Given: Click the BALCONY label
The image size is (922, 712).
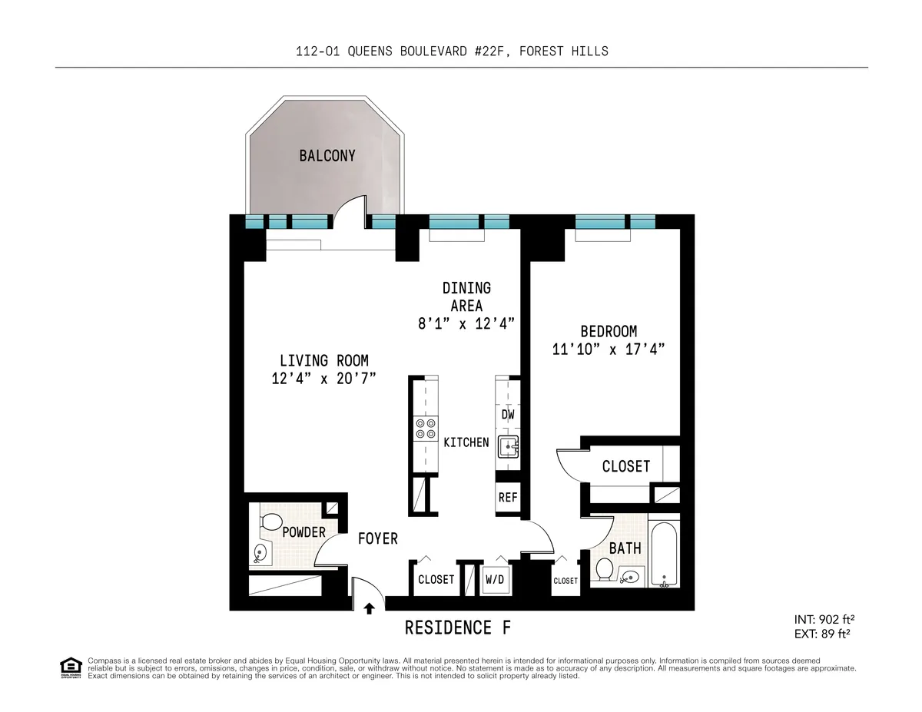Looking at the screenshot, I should (327, 156).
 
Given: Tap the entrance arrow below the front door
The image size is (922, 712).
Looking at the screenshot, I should (369, 608).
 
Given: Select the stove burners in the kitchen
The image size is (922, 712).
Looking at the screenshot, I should (425, 429).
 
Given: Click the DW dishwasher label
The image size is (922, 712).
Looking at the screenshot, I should (508, 415).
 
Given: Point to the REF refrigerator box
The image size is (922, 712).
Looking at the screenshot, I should (508, 497).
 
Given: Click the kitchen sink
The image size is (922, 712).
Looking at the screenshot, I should (507, 445).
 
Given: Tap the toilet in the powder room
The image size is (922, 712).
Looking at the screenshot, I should (270, 523).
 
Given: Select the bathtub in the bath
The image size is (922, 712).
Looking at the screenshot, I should (663, 554).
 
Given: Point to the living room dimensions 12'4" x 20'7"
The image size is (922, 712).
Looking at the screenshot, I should (323, 378).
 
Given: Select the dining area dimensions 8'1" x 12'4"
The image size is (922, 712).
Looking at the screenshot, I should (466, 323).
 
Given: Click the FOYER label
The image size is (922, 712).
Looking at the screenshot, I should (378, 538).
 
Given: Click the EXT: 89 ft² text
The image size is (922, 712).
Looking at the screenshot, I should (823, 634).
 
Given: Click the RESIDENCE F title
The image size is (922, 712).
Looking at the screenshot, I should (458, 628).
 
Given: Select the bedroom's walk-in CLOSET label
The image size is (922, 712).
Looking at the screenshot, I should (625, 466).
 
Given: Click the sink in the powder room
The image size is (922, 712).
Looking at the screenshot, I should (261, 551).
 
